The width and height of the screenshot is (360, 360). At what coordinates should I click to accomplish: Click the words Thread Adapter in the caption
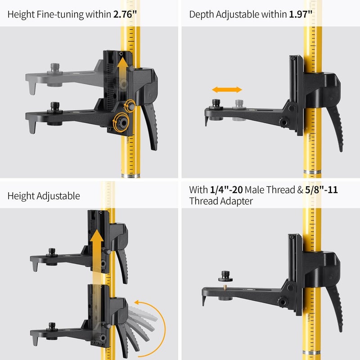(x=221, y=201)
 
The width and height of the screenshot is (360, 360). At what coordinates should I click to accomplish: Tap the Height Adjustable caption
(x=44, y=196)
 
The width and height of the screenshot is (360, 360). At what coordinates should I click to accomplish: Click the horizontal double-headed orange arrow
(x=227, y=90)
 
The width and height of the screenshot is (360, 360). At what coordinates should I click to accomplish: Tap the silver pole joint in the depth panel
(x=311, y=173)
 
